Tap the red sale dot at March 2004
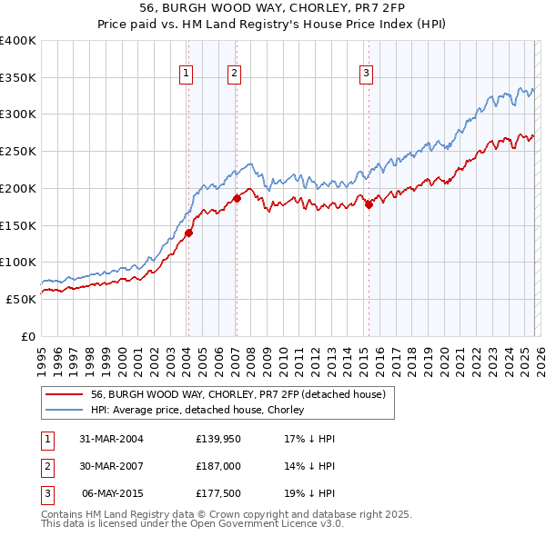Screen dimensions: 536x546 click(x=189, y=233)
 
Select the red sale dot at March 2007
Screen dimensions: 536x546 click(x=237, y=197)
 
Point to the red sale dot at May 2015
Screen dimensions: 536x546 click(x=369, y=205)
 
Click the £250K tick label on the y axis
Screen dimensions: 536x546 click(x=18, y=151)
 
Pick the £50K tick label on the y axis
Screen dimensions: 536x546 click(x=21, y=299)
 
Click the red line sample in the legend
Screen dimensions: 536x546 click(x=65, y=394)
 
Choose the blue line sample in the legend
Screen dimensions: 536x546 click(x=65, y=410)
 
